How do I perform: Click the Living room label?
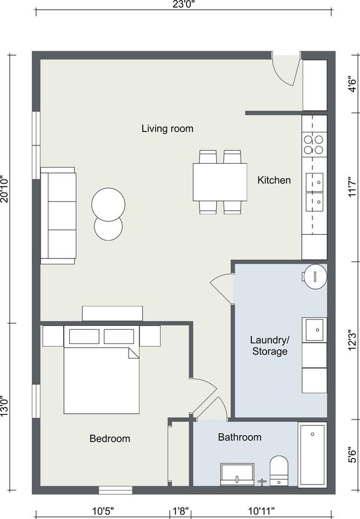click(168, 129)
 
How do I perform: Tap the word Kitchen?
click(274, 180)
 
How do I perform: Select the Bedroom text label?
click(110, 438)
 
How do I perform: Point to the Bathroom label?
click(240, 437)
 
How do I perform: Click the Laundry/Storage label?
click(270, 345)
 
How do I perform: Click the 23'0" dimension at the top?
click(183, 4)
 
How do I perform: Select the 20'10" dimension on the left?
click(5, 189)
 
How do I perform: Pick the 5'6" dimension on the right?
click(353, 455)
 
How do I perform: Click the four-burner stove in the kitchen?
click(314, 145)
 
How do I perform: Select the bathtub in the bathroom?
click(312, 455)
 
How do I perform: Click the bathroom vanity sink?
click(237, 474)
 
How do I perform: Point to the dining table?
click(220, 182)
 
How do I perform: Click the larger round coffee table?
click(108, 204)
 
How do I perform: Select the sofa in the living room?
click(58, 216)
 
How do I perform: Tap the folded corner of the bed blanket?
click(133, 353)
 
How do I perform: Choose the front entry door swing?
click(285, 72)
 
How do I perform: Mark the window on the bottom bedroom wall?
click(116, 490)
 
